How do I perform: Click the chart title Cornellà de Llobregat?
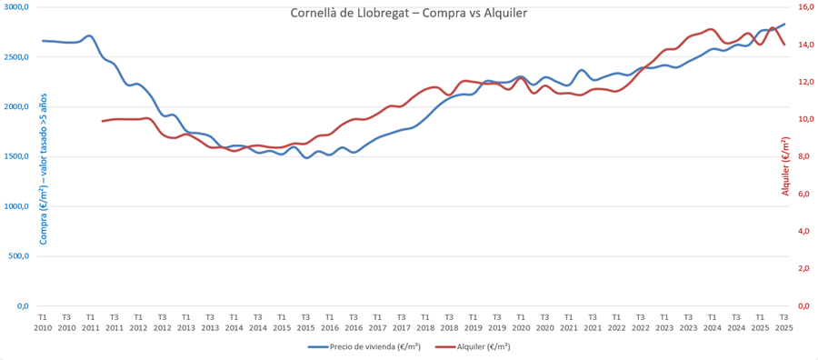[x=408, y=13]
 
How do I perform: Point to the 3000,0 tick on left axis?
[x=15, y=7]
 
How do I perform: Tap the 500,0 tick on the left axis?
[x=18, y=256]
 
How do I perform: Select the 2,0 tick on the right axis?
[x=803, y=269]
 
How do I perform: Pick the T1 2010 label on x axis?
[x=43, y=322]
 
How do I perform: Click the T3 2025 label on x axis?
[x=783, y=322]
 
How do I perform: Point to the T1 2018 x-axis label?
[x=425, y=322]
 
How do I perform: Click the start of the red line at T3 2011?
[x=102, y=121]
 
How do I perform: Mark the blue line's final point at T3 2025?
[x=785, y=25]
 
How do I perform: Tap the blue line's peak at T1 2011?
[x=89, y=36]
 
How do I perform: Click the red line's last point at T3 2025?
[x=784, y=44]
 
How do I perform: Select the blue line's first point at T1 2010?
[x=43, y=41]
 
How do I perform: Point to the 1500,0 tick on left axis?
[x=15, y=156]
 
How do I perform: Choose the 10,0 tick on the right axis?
[x=804, y=119]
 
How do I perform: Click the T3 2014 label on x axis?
[x=258, y=322]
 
